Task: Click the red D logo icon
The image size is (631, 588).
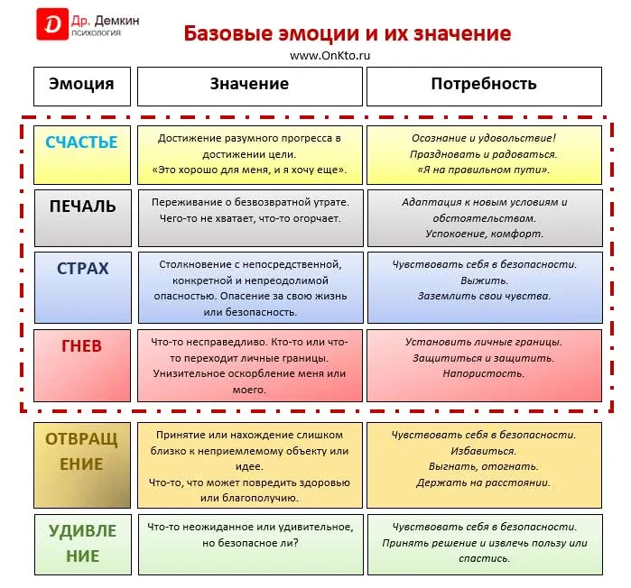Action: click(52, 24)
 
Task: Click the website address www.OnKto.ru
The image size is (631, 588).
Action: click(329, 56)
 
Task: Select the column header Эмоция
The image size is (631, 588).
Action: click(81, 84)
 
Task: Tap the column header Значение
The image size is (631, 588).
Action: click(249, 84)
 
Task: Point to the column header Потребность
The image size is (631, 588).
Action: click(484, 84)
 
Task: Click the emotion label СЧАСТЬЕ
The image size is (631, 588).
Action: click(81, 142)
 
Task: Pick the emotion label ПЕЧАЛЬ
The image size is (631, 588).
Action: click(82, 207)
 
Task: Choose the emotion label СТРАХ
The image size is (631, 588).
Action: click(82, 269)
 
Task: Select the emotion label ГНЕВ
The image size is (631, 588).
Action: click(81, 346)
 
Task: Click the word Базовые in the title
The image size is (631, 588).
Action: click(228, 33)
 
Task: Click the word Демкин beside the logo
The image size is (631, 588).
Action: click(117, 21)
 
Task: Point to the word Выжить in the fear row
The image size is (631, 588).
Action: click(485, 280)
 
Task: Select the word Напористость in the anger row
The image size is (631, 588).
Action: click(484, 373)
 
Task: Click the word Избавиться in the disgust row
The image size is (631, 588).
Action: click(483, 451)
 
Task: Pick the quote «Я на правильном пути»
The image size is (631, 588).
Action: click(484, 170)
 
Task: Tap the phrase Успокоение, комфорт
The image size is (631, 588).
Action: click(485, 234)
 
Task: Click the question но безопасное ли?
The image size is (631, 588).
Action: click(250, 543)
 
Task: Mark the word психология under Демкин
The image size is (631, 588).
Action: click(97, 33)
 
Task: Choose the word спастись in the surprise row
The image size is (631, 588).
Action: click(485, 558)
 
